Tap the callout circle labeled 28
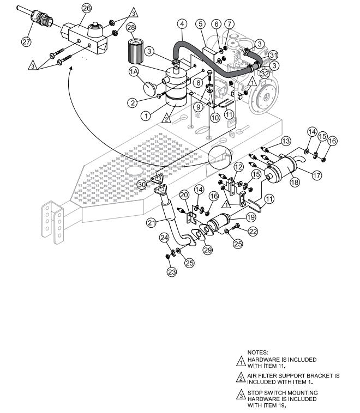coord(131,27)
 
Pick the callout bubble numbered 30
coord(142,185)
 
